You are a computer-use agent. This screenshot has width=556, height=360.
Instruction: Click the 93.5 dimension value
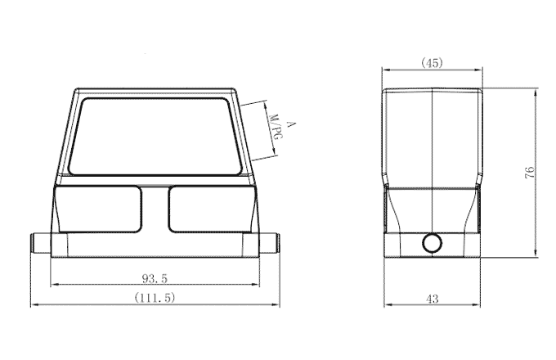click(154, 278)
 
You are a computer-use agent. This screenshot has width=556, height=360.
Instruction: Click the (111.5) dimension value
click(155, 299)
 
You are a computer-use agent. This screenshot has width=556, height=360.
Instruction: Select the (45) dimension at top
click(432, 63)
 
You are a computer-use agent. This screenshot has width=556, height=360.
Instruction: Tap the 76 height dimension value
click(530, 172)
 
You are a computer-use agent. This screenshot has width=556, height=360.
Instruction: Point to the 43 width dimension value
click(432, 299)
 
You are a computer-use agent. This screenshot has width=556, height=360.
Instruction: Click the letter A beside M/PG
click(290, 123)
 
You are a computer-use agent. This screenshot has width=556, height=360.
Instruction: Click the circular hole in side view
click(431, 243)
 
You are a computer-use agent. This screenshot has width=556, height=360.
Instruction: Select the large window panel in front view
click(155, 135)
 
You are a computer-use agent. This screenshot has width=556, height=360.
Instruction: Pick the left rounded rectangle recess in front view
click(98, 209)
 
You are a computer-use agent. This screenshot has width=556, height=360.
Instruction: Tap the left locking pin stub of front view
click(39, 244)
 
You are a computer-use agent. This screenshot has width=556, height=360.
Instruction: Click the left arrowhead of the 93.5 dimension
click(54, 286)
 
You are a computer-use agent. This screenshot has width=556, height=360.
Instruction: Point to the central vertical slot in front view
click(155, 209)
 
